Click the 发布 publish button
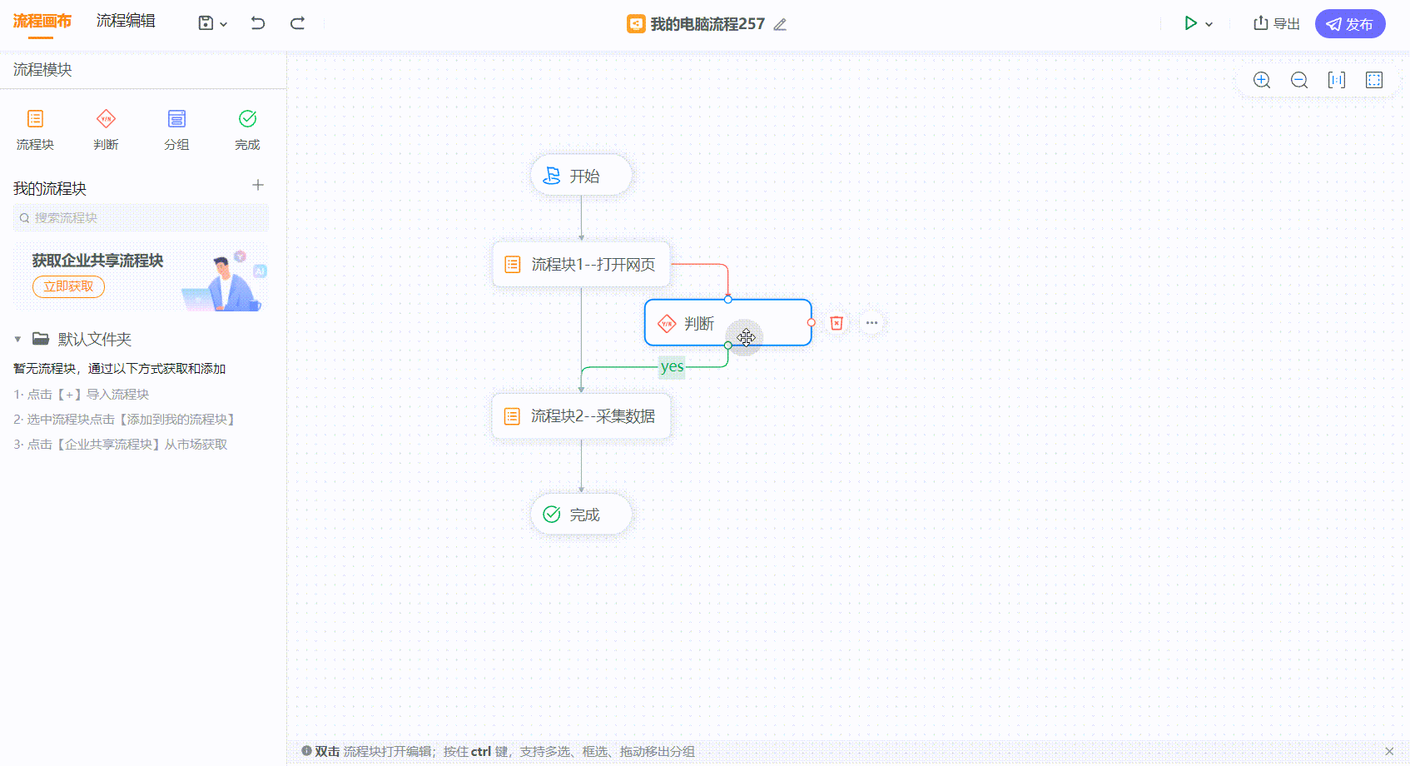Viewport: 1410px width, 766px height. (x=1349, y=24)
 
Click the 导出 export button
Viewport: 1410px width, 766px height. (x=1277, y=24)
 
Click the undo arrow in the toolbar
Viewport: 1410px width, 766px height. (x=257, y=23)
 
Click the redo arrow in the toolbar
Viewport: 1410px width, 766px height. (x=297, y=23)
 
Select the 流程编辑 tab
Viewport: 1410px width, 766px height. (x=125, y=21)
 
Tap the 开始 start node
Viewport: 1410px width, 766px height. (x=581, y=176)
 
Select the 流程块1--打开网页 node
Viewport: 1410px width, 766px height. (x=581, y=265)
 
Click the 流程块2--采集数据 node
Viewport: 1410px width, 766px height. (x=581, y=416)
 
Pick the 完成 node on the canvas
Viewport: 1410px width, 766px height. (x=581, y=515)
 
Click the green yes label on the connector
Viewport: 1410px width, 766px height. (x=672, y=366)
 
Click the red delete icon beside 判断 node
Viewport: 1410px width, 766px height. (x=837, y=323)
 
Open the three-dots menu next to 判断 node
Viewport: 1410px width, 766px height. (x=871, y=323)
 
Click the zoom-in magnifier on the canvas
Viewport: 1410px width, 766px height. (x=1262, y=80)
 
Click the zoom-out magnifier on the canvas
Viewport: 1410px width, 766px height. (x=1298, y=80)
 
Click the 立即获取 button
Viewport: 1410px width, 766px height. (x=68, y=286)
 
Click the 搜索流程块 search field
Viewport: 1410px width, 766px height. (x=141, y=218)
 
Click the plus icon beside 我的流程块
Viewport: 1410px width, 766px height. (x=257, y=185)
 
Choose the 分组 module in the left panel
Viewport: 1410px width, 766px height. (x=176, y=130)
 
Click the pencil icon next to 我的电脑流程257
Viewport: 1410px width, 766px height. (x=780, y=24)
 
